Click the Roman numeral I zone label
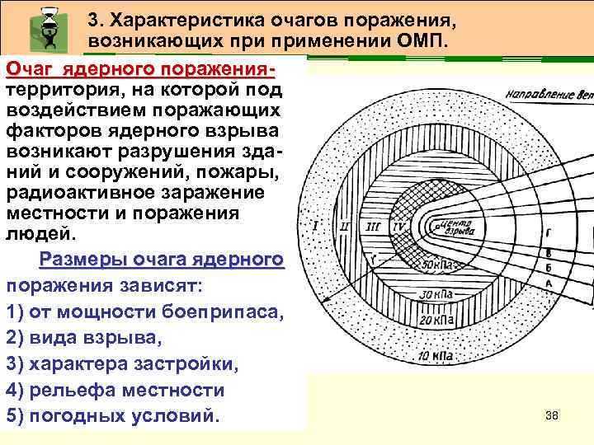(x=317, y=225)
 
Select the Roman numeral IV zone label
(x=398, y=225)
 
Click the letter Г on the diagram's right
(x=548, y=233)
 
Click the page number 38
(x=552, y=415)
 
